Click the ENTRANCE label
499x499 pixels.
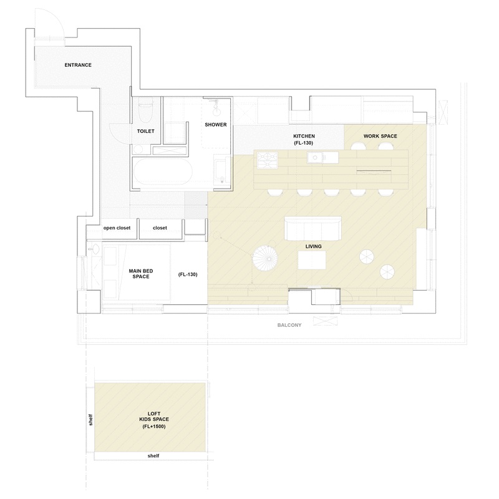[78, 65]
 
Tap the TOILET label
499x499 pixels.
[146, 131]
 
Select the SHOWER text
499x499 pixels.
[216, 125]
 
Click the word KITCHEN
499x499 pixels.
[304, 136]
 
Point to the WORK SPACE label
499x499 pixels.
[380, 136]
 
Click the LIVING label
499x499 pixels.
[314, 246]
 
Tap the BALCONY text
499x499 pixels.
[289, 325]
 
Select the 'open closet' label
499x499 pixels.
[117, 228]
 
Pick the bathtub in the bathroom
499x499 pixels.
[163, 172]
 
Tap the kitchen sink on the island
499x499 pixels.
[315, 158]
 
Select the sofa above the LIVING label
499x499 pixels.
[313, 228]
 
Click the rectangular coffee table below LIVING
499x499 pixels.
[312, 260]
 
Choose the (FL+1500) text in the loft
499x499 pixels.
[154, 427]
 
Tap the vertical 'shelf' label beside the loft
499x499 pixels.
[90, 420]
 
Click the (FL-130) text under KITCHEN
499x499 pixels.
[304, 143]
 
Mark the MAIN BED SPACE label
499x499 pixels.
[141, 274]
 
